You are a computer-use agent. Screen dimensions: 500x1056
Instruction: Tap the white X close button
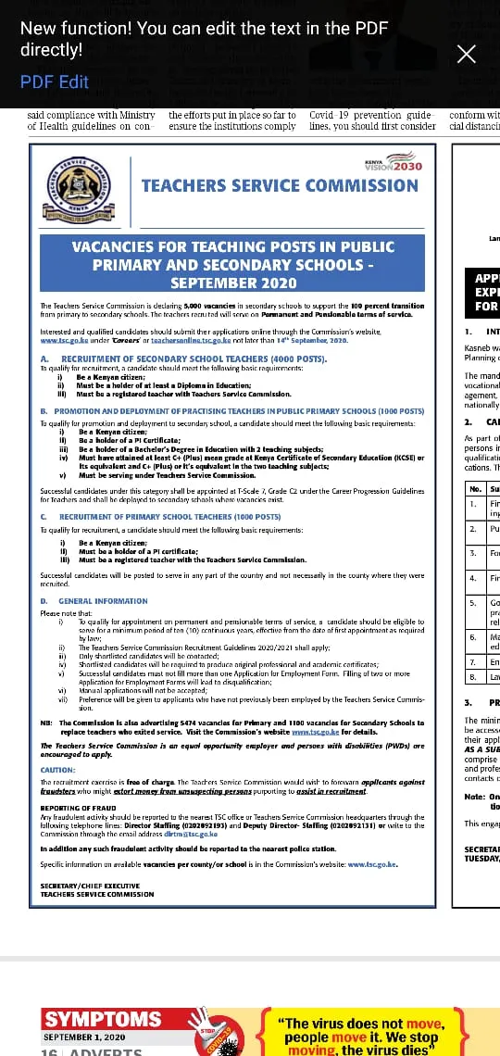point(467,54)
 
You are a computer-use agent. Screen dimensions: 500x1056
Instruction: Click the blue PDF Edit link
point(55,82)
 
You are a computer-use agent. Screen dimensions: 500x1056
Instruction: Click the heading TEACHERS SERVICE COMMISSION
point(280,185)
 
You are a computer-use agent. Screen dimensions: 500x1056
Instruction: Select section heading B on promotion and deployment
point(219,410)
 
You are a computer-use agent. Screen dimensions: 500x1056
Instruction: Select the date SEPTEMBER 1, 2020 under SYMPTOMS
point(84,1037)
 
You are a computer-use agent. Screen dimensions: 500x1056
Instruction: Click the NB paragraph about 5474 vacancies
point(232,726)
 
